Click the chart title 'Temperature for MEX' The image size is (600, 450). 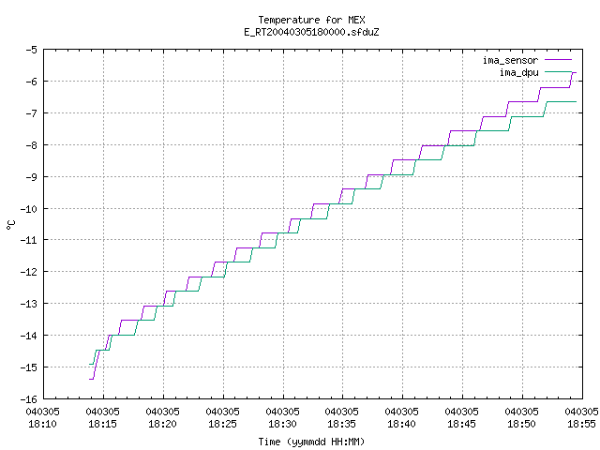311,20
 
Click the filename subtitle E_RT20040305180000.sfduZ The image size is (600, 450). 311,32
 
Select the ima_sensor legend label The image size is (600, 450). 510,60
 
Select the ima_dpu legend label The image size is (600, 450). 518,72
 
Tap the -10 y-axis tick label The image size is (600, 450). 29,209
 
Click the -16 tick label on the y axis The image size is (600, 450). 29,399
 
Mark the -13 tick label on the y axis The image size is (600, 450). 29,304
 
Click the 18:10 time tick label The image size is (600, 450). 42,424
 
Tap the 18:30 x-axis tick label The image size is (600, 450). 282,424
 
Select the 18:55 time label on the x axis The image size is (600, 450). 581,424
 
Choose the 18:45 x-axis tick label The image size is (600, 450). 461,424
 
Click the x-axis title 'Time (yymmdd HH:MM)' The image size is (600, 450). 311,442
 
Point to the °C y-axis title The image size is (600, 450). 11,225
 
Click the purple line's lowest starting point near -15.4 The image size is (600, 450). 90,379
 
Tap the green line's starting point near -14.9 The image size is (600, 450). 90,364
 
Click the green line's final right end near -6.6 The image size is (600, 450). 576,102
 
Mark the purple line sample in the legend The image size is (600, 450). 559,60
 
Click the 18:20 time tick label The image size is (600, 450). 162,424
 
